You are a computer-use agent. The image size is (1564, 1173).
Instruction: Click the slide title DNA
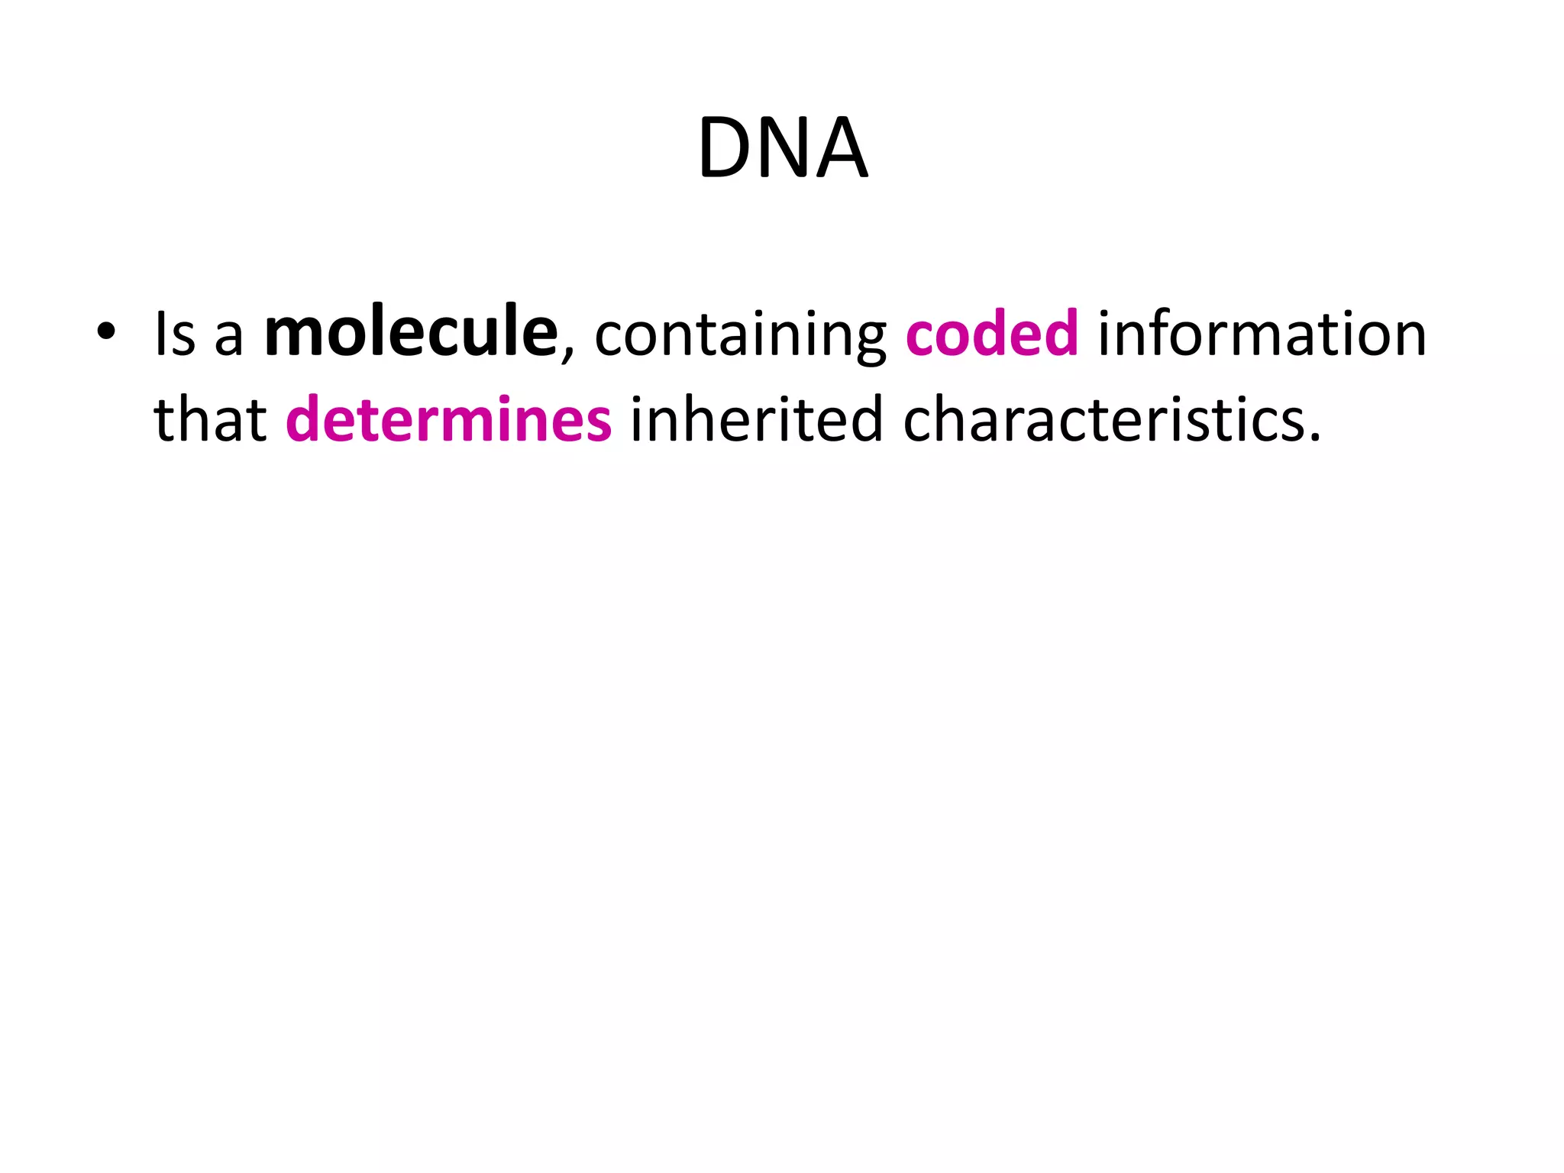pyautogui.click(x=783, y=148)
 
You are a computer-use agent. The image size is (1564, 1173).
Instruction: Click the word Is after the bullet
pyautogui.click(x=175, y=334)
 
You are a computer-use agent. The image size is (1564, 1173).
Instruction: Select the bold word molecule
pyautogui.click(x=411, y=331)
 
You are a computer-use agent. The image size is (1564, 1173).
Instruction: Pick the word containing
pyautogui.click(x=740, y=336)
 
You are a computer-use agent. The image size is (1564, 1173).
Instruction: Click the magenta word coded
pyautogui.click(x=992, y=333)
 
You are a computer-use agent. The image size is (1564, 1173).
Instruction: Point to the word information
pyautogui.click(x=1262, y=334)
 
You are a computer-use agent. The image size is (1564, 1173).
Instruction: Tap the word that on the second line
pyautogui.click(x=210, y=420)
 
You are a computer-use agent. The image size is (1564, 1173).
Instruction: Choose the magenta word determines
pyautogui.click(x=449, y=420)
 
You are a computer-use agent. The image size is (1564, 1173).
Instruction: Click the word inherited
pyautogui.click(x=756, y=420)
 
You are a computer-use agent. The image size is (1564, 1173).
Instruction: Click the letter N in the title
pyautogui.click(x=787, y=148)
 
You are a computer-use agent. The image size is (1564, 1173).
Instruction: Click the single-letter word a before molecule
pyautogui.click(x=228, y=339)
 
